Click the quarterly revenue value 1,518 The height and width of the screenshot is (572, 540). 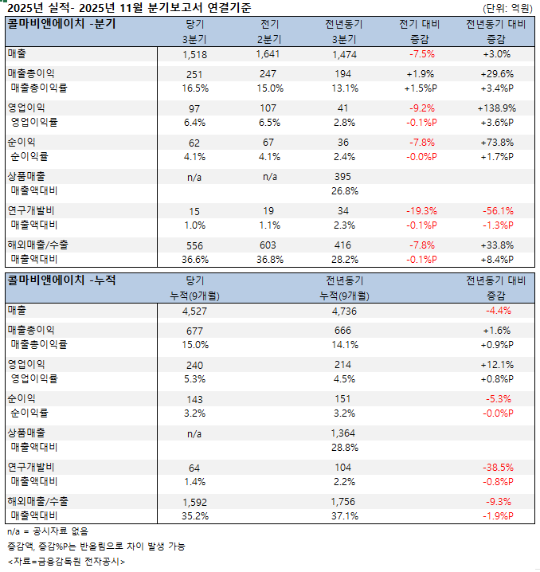(194, 54)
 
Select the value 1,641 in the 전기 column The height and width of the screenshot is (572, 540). (269, 54)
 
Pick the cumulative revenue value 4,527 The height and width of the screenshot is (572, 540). (194, 311)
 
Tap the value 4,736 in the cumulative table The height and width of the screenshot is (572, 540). (344, 311)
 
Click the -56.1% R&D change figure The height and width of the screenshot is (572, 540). (498, 211)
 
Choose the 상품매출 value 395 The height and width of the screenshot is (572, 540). (344, 176)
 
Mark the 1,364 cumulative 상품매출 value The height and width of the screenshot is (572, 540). (344, 433)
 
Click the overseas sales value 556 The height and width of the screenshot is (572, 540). (194, 245)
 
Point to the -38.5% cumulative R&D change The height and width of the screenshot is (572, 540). (498, 468)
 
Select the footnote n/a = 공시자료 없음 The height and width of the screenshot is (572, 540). (48, 531)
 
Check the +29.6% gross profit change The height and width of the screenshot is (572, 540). (498, 73)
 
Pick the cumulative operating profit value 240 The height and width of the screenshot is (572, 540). (194, 364)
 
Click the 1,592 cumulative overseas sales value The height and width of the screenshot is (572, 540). (194, 502)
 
